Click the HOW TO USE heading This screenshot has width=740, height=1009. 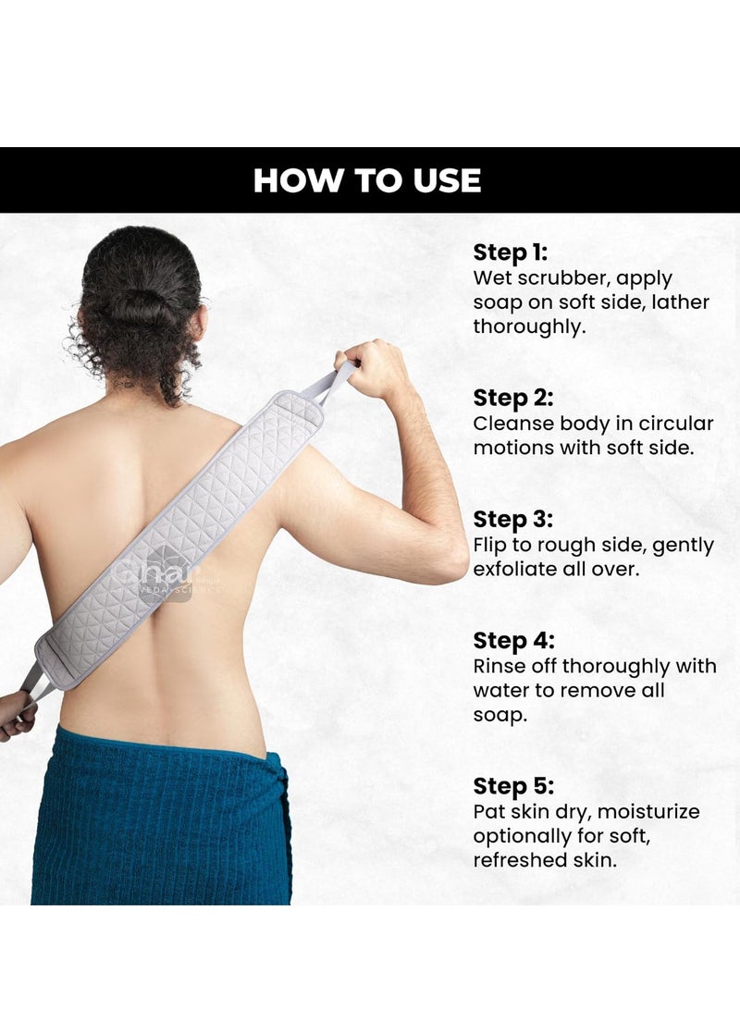pos(367,180)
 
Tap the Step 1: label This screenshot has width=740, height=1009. pos(511,252)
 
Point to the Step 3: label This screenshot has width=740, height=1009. pos(513,519)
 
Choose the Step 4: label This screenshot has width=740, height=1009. pos(513,640)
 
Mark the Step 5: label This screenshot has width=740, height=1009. pos(513,786)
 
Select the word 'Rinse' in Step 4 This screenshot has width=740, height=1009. pos(499,666)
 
